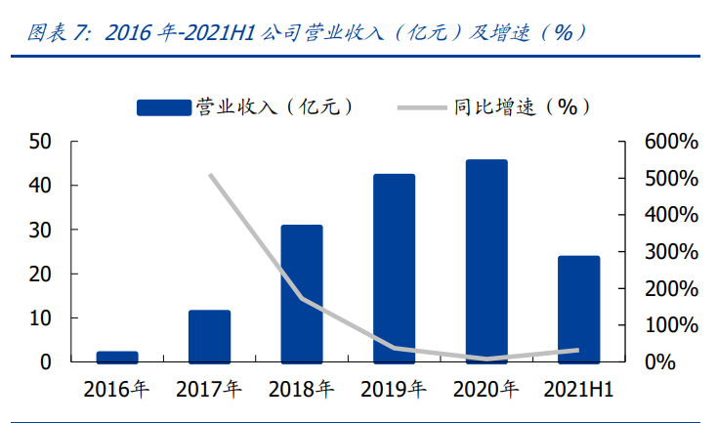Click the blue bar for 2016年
point(117,357)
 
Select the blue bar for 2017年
point(209,336)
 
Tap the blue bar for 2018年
point(302,293)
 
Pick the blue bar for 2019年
point(394,268)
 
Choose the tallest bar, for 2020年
point(486,261)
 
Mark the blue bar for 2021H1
point(578,309)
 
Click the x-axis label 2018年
point(302,390)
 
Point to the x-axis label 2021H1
point(579,390)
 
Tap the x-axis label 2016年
point(117,390)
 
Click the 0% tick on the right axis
point(680,362)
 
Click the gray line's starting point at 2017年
point(210,175)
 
